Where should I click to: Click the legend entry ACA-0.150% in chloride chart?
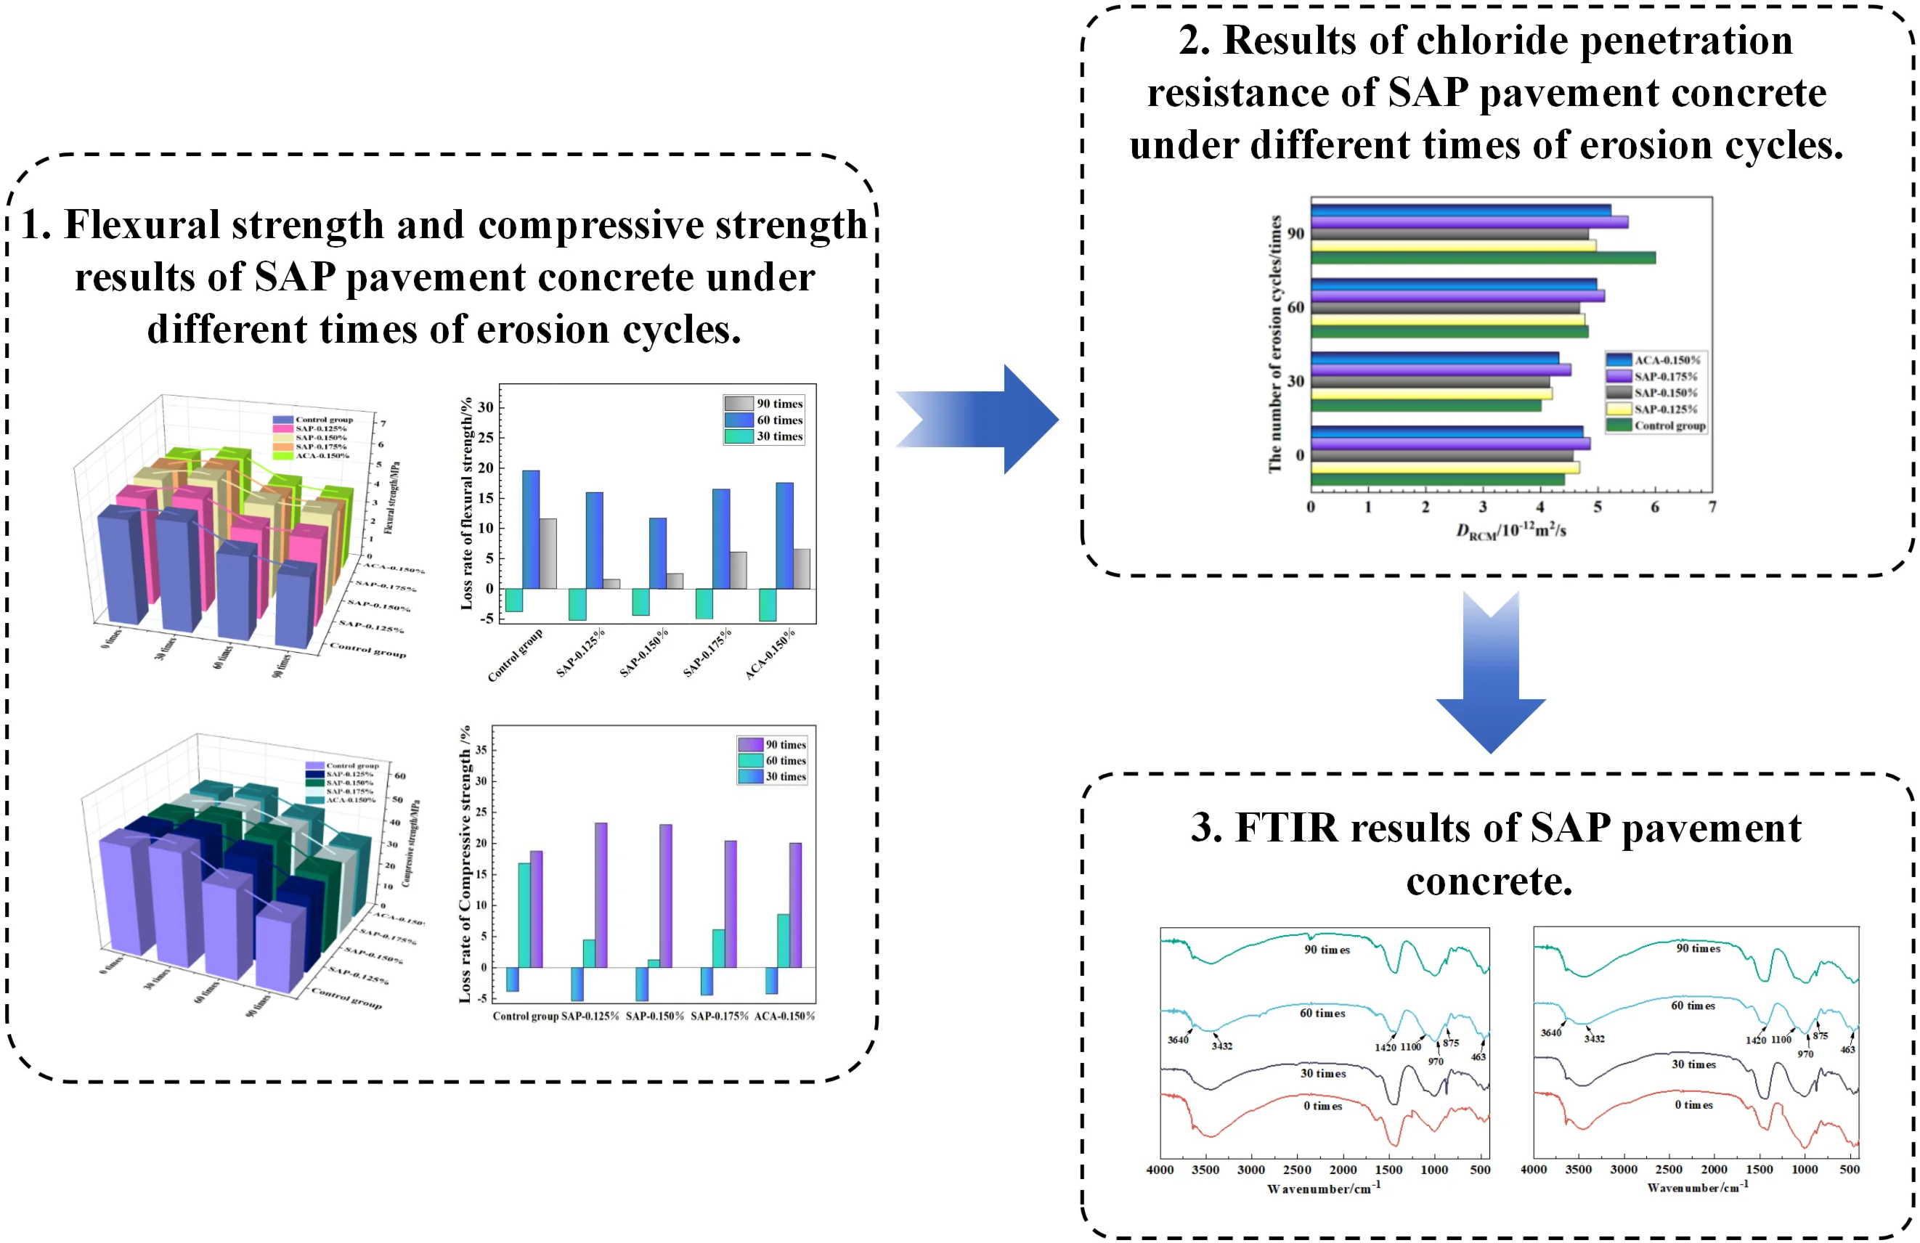pyautogui.click(x=1666, y=359)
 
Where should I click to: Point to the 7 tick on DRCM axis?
pyautogui.click(x=1712, y=508)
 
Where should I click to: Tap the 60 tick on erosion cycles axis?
pyautogui.click(x=1295, y=307)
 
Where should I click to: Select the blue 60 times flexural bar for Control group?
pyautogui.click(x=531, y=529)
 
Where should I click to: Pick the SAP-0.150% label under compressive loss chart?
pyautogui.click(x=654, y=1016)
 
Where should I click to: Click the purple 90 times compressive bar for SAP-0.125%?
pyautogui.click(x=601, y=894)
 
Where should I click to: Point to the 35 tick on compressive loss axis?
pyautogui.click(x=481, y=750)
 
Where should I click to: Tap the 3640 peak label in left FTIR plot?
pyautogui.click(x=1178, y=1040)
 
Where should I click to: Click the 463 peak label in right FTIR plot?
pyautogui.click(x=1847, y=1049)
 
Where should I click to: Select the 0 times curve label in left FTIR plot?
pyautogui.click(x=1323, y=1106)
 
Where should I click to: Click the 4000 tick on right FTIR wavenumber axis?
pyautogui.click(x=1534, y=1170)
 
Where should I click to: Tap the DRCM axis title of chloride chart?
pyautogui.click(x=1511, y=531)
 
